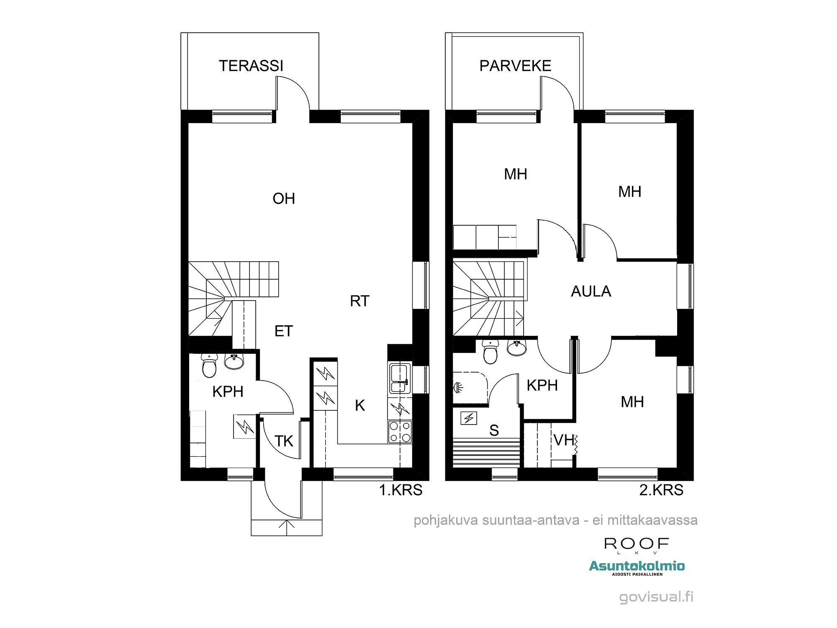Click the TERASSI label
[x=251, y=66]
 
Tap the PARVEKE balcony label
[x=515, y=66]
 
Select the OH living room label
[x=284, y=198]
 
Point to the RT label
[x=359, y=301]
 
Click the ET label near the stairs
[x=283, y=331]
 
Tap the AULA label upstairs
[x=591, y=291]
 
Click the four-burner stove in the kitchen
[x=400, y=432]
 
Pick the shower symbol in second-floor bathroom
[x=458, y=388]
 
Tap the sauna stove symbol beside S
[x=469, y=418]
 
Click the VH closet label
[x=564, y=440]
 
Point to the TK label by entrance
[x=284, y=441]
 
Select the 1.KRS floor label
[x=401, y=490]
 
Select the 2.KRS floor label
[x=661, y=490]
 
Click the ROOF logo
[x=636, y=545]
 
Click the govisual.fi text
[x=656, y=597]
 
